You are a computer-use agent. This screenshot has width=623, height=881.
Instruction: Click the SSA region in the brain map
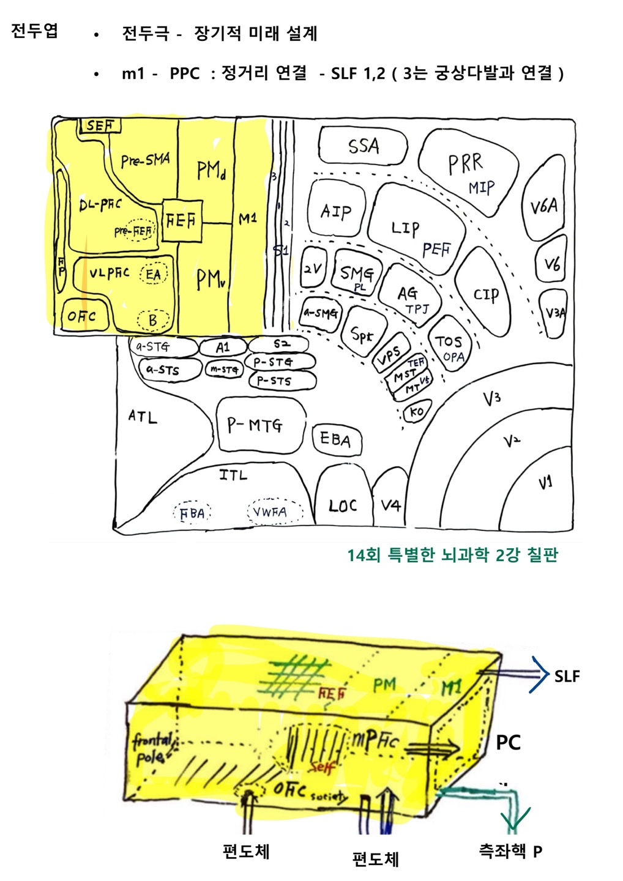coord(363,147)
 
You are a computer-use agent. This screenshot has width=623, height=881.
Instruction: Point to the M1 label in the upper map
coord(248,218)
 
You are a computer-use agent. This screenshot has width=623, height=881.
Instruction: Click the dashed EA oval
coord(153,274)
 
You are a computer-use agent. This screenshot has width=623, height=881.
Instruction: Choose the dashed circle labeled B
coord(153,320)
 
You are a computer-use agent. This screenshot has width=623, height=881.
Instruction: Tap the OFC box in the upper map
coord(81,316)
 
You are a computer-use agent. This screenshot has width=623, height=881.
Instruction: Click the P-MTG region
coord(260,425)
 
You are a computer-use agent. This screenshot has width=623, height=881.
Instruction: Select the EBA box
coord(335,439)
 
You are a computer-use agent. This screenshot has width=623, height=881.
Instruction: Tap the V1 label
coord(545,483)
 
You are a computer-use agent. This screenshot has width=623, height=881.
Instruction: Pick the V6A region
coord(543,207)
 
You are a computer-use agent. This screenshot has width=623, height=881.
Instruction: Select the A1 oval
coord(223,348)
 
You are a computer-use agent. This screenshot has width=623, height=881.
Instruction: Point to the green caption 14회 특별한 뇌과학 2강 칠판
coord(452,556)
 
